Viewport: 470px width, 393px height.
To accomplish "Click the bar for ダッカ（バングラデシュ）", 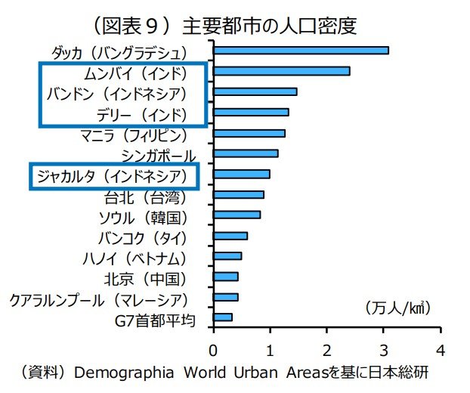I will (301, 51).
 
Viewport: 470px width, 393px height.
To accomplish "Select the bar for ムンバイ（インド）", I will (281, 71).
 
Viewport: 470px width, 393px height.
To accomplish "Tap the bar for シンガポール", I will (246, 153).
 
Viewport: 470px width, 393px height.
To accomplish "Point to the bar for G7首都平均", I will (223, 317).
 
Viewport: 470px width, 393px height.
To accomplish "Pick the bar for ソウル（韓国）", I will (237, 215).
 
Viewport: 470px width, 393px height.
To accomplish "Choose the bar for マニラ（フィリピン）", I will (249, 133).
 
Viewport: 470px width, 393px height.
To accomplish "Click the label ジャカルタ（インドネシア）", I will (111, 175).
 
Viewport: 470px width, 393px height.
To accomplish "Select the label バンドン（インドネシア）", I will (116, 94).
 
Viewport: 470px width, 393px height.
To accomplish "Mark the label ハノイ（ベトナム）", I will (134, 259).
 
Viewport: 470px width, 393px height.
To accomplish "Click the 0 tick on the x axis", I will (214, 350).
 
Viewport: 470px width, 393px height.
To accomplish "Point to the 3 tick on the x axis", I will (383, 350).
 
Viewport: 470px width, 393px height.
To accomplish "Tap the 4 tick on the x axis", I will (440, 350).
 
